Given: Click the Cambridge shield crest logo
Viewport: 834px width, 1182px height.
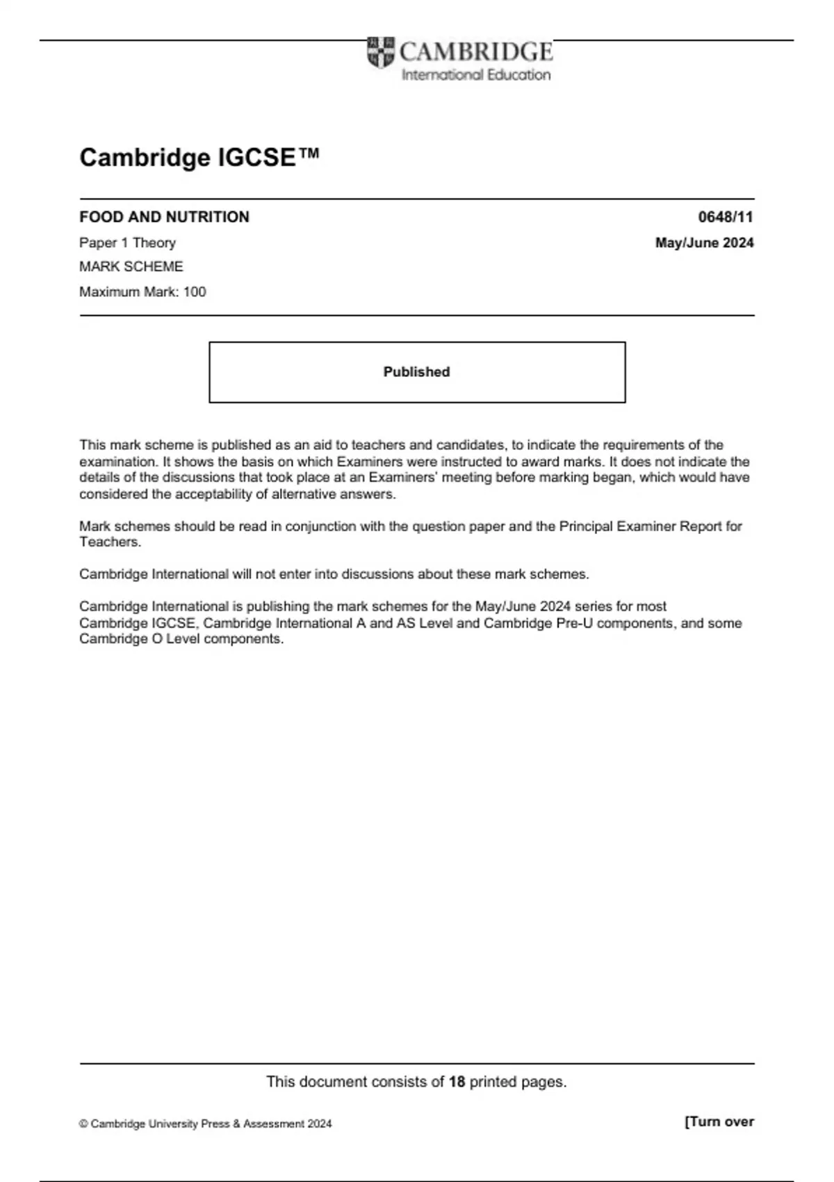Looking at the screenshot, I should [380, 52].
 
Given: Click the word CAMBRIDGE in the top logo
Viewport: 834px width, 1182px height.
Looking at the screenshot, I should [476, 51].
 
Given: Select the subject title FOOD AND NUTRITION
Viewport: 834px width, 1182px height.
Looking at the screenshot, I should [164, 217].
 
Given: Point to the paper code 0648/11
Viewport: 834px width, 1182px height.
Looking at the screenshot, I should [725, 217].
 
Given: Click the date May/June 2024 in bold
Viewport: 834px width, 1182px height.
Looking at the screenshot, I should [704, 243].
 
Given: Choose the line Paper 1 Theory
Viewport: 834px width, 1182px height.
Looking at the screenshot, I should [127, 243].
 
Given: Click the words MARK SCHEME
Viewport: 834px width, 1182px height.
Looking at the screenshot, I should [131, 266].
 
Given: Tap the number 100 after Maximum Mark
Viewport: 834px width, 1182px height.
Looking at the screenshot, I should [195, 292].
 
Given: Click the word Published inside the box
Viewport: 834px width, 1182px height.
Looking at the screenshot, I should [416, 372].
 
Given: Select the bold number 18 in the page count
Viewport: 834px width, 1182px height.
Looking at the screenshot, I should [457, 1082].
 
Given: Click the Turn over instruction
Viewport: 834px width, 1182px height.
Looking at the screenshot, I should [719, 1122].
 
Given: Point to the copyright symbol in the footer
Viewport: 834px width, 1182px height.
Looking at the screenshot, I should [83, 1124].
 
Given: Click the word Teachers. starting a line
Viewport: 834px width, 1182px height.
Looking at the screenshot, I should [110, 542].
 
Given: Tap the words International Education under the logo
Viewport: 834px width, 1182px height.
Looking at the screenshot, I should [476, 75].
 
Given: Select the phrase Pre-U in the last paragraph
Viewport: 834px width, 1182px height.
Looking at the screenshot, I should [575, 623].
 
